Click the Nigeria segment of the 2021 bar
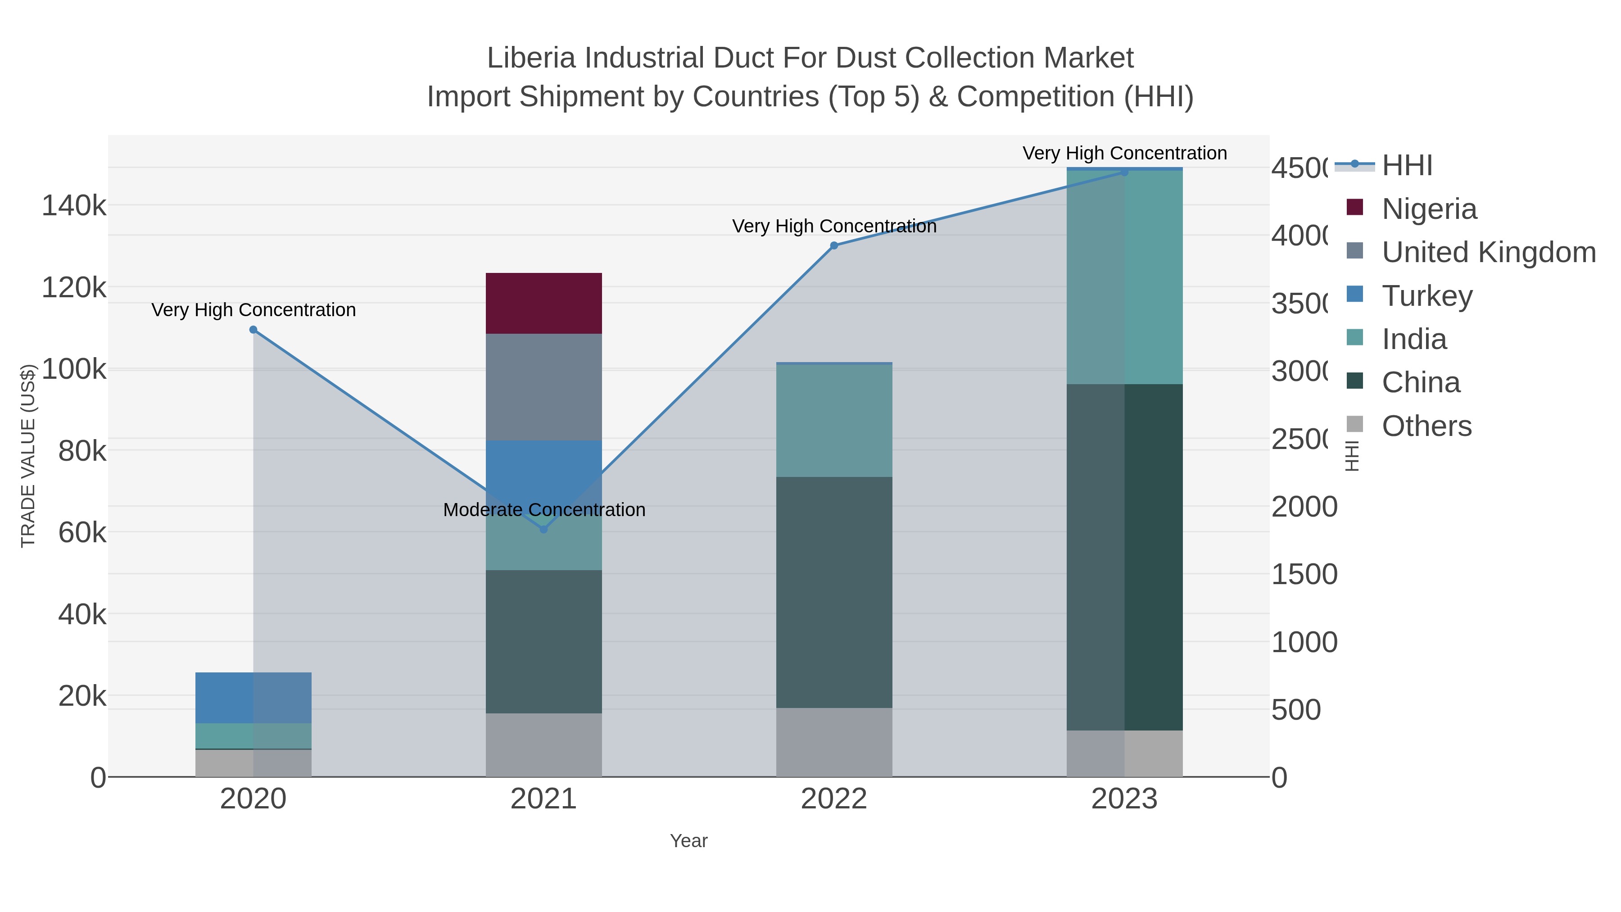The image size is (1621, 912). [543, 304]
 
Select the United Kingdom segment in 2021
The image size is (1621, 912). [543, 387]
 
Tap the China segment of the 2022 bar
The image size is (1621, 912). [834, 592]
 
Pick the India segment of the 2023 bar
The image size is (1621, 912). [1124, 277]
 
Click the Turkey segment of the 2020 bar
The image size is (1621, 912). [253, 697]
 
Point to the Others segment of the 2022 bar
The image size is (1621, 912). [834, 742]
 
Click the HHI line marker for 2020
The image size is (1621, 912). [253, 330]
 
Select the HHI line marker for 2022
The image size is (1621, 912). [834, 245]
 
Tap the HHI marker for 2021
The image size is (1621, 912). [543, 529]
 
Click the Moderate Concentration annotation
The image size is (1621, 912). [543, 510]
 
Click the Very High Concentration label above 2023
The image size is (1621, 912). [1124, 154]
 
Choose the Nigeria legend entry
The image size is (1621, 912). [1428, 209]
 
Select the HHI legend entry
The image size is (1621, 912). [1406, 166]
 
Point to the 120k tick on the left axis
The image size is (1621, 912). [74, 288]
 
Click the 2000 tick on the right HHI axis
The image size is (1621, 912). [1304, 507]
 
